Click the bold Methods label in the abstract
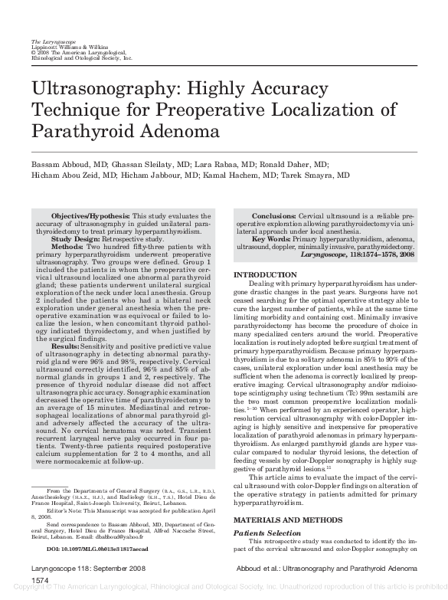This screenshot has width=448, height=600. click(68, 247)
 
